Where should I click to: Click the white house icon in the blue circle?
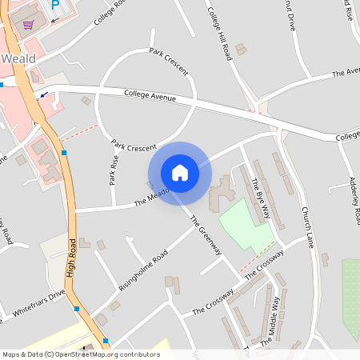click(x=179, y=173)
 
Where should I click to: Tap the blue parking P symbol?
click(x=55, y=5)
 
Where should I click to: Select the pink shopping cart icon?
click(x=29, y=24)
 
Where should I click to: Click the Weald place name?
click(x=18, y=59)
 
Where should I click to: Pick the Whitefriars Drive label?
click(x=34, y=305)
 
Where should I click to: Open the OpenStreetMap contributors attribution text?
click(x=81, y=354)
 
